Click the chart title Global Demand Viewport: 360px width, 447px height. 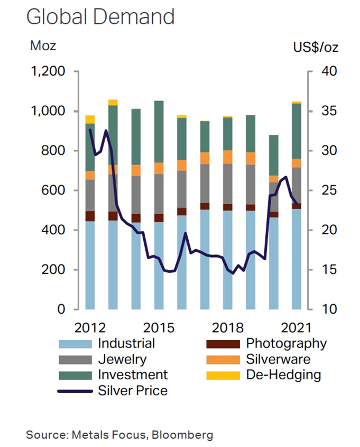pyautogui.click(x=100, y=17)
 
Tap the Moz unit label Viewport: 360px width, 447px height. pyautogui.click(x=43, y=46)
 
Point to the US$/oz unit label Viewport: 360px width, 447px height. pyautogui.click(x=316, y=47)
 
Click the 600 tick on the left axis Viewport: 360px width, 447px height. pyautogui.click(x=54, y=190)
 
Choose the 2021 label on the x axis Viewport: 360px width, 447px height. pyautogui.click(x=297, y=326)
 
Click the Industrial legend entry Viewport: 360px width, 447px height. pyautogui.click(x=126, y=343)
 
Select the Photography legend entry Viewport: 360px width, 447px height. pyautogui.click(x=287, y=343)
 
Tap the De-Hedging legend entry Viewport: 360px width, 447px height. pyautogui.click(x=283, y=375)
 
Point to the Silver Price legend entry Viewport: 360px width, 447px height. pyautogui.click(x=133, y=391)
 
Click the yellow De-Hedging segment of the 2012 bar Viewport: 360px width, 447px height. pyautogui.click(x=90, y=119)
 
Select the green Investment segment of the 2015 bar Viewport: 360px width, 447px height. pyautogui.click(x=159, y=132)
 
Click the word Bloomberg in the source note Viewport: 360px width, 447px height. pyautogui.click(x=184, y=435)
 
